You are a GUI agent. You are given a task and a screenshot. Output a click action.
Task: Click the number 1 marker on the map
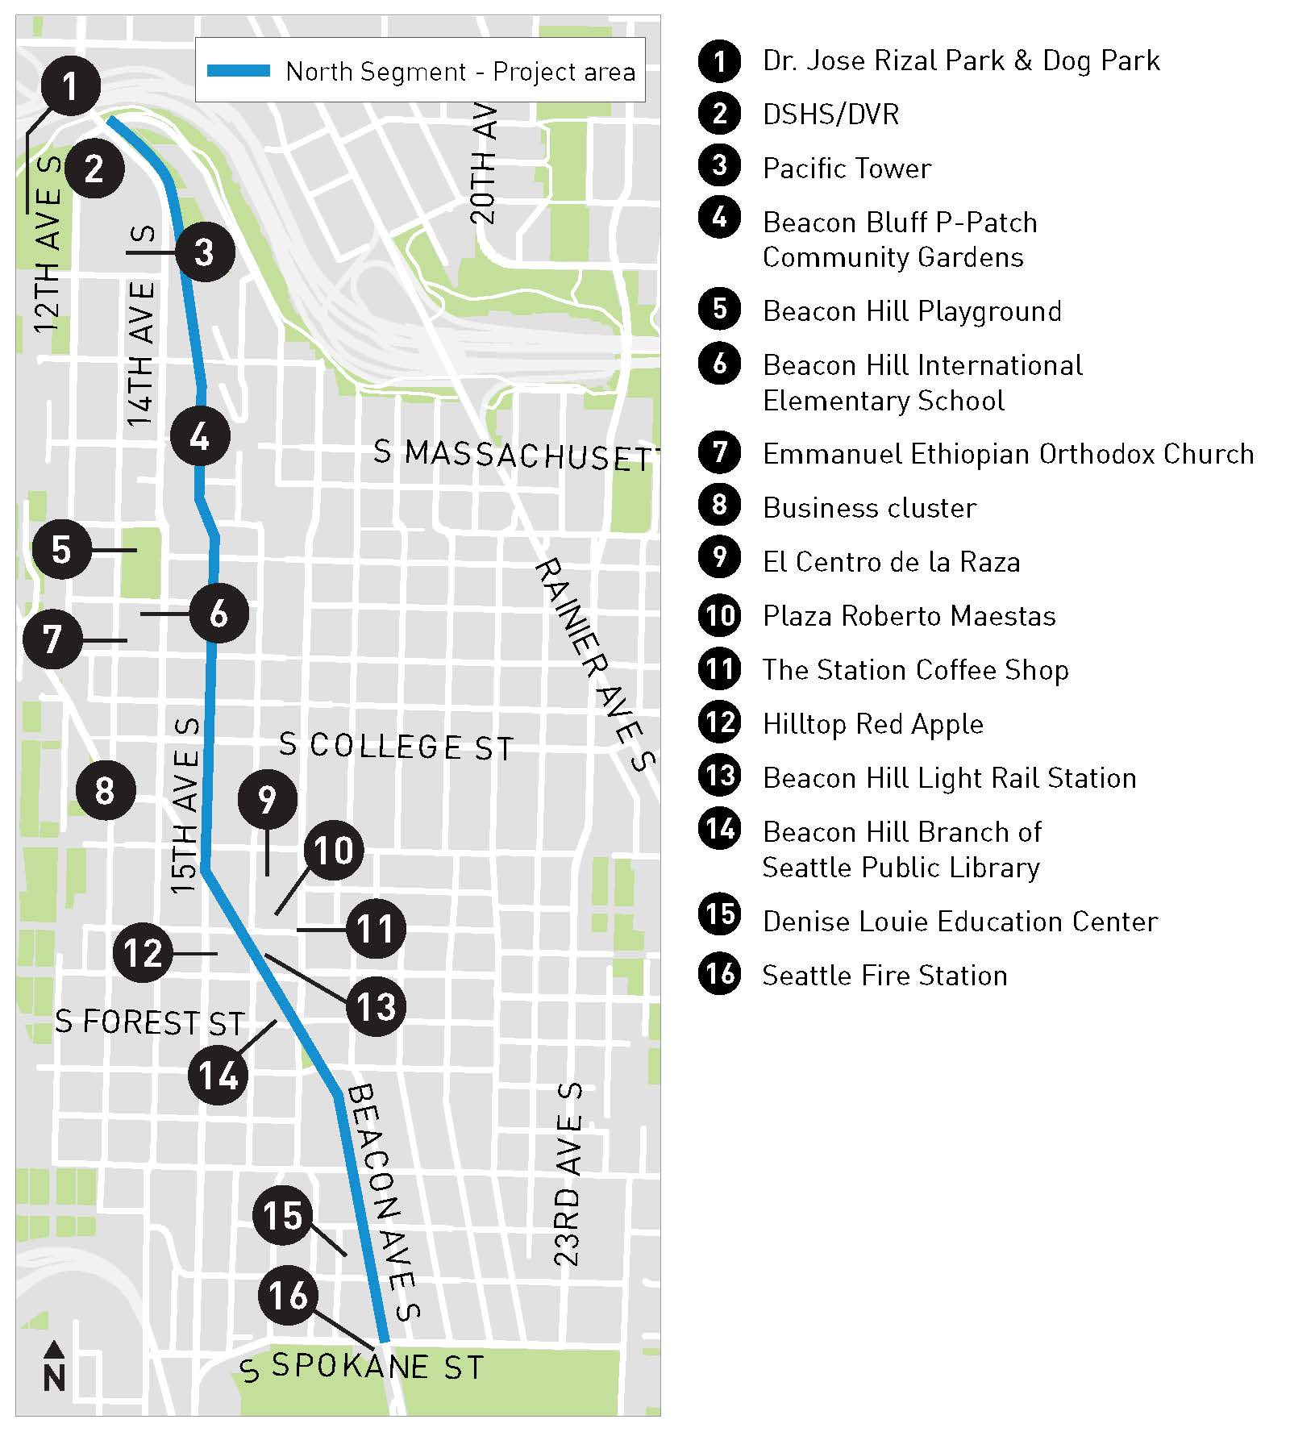click(x=71, y=86)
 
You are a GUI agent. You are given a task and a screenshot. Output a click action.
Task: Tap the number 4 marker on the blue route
click(x=200, y=436)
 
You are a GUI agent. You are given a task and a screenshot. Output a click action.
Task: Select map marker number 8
click(x=106, y=790)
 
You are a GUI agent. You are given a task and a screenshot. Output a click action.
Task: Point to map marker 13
click(x=376, y=1006)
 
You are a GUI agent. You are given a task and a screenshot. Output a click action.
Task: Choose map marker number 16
click(x=288, y=1296)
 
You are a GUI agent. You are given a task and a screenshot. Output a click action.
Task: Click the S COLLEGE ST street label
click(x=396, y=746)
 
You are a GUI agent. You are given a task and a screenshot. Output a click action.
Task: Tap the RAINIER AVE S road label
click(x=596, y=664)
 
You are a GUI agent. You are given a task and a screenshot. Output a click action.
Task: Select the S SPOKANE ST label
click(x=363, y=1367)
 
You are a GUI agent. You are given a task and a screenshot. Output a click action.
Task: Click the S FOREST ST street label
click(x=150, y=1022)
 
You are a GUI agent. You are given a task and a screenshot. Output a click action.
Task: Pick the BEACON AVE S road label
click(x=384, y=1202)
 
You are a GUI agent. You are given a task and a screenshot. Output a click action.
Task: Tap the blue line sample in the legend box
click(x=239, y=71)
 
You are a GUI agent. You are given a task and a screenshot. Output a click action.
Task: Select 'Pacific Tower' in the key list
click(x=847, y=169)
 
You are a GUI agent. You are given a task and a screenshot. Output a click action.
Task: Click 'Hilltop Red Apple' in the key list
click(x=872, y=724)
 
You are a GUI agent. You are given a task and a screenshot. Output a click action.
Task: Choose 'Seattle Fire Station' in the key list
click(x=884, y=976)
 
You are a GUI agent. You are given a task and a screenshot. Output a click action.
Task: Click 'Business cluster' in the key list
click(x=869, y=508)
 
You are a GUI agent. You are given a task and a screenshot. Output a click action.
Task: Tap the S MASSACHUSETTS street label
click(x=516, y=456)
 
